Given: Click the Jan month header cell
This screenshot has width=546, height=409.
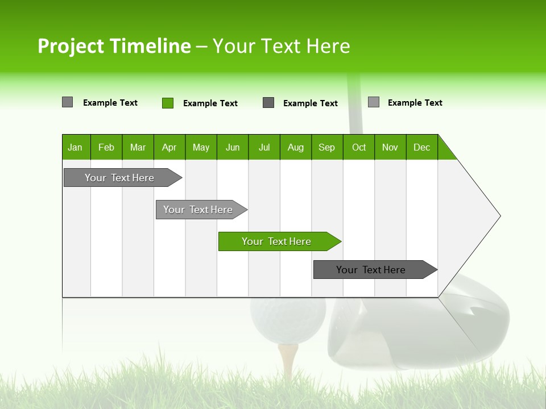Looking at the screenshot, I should click(x=76, y=147).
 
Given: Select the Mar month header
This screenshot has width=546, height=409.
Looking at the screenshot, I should click(x=138, y=147).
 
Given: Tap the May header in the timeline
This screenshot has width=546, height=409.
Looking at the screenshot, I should click(x=201, y=147).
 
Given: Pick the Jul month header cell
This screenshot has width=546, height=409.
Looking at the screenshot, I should click(x=264, y=147).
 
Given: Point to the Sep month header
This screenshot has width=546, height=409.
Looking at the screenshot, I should click(x=326, y=147).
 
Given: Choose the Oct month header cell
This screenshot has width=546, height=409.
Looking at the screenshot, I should click(x=359, y=147).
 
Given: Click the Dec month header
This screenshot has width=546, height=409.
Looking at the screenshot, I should click(x=421, y=147).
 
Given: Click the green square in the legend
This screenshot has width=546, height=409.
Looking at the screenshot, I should click(x=168, y=103).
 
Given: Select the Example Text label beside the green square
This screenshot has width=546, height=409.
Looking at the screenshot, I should click(x=210, y=103).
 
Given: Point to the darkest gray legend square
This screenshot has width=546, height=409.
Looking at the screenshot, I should click(x=268, y=103).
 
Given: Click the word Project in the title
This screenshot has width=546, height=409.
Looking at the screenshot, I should click(x=71, y=46).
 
